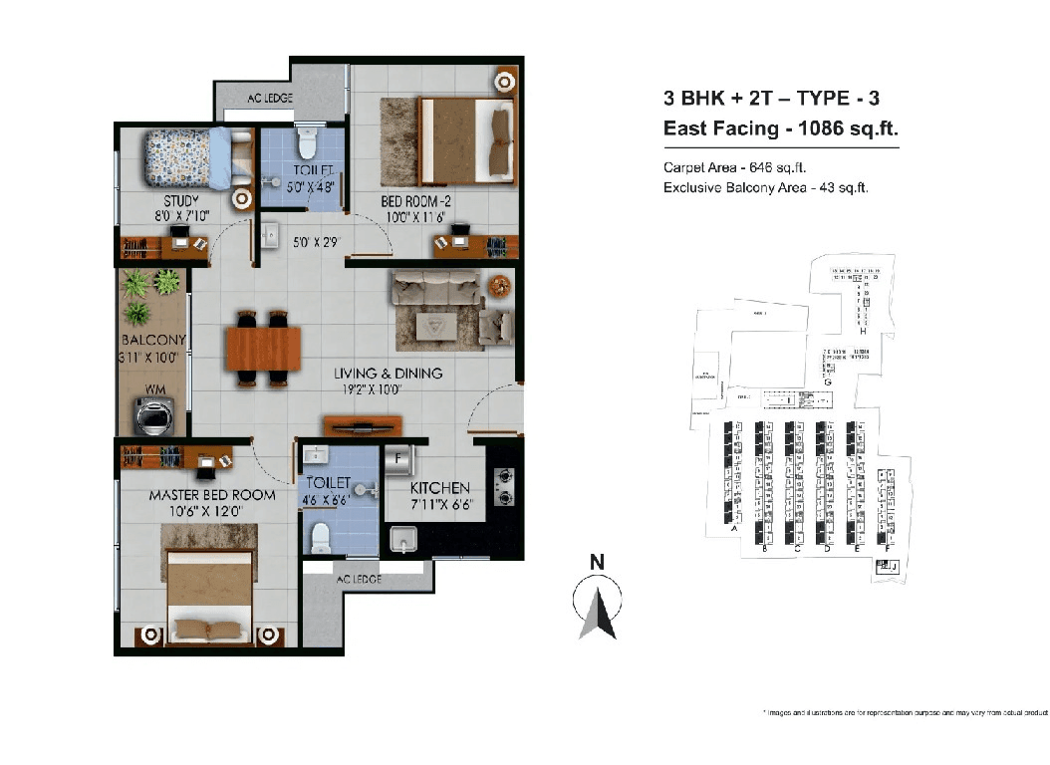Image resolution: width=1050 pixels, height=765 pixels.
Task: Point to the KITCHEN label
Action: tap(440, 488)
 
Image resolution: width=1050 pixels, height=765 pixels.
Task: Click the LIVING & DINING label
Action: tap(388, 374)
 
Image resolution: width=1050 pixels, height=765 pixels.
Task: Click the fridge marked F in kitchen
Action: tap(398, 460)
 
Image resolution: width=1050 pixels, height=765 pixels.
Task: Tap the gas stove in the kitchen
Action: tap(503, 485)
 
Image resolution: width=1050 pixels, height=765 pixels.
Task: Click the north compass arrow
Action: tap(599, 609)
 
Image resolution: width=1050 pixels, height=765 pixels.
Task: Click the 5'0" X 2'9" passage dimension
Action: tap(317, 242)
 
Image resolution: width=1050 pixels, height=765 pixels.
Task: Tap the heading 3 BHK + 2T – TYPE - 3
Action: tap(771, 99)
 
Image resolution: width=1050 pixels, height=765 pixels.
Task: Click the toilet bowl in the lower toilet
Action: tap(322, 539)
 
